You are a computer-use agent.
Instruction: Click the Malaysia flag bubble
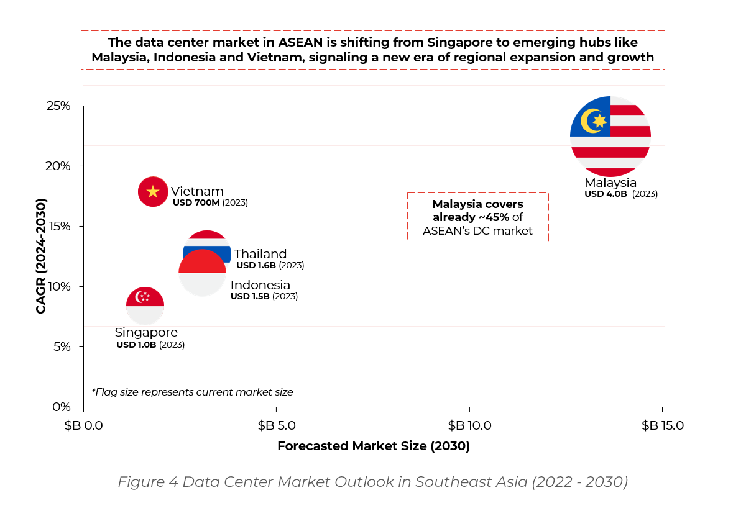[x=610, y=137]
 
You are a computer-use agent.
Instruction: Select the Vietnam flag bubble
[x=153, y=191]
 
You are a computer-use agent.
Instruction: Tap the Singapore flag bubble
[x=145, y=305]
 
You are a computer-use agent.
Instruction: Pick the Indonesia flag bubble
[x=202, y=273]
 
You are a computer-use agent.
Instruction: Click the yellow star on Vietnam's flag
[x=153, y=191]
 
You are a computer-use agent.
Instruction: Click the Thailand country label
[x=260, y=254]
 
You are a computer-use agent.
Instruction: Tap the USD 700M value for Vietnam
[x=196, y=203]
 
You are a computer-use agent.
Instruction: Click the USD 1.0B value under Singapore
[x=136, y=345]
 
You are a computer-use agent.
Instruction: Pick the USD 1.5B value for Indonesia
[x=250, y=296]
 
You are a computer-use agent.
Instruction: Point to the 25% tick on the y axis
[x=59, y=106]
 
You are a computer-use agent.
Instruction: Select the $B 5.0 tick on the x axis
[x=277, y=425]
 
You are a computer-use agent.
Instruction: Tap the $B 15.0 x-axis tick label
[x=662, y=425]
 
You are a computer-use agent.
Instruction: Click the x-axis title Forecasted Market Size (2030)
[x=373, y=446]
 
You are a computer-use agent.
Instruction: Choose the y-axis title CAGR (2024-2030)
[x=41, y=256]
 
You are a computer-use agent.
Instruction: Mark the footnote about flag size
[x=192, y=392]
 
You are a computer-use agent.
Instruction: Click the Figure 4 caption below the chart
[x=373, y=482]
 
